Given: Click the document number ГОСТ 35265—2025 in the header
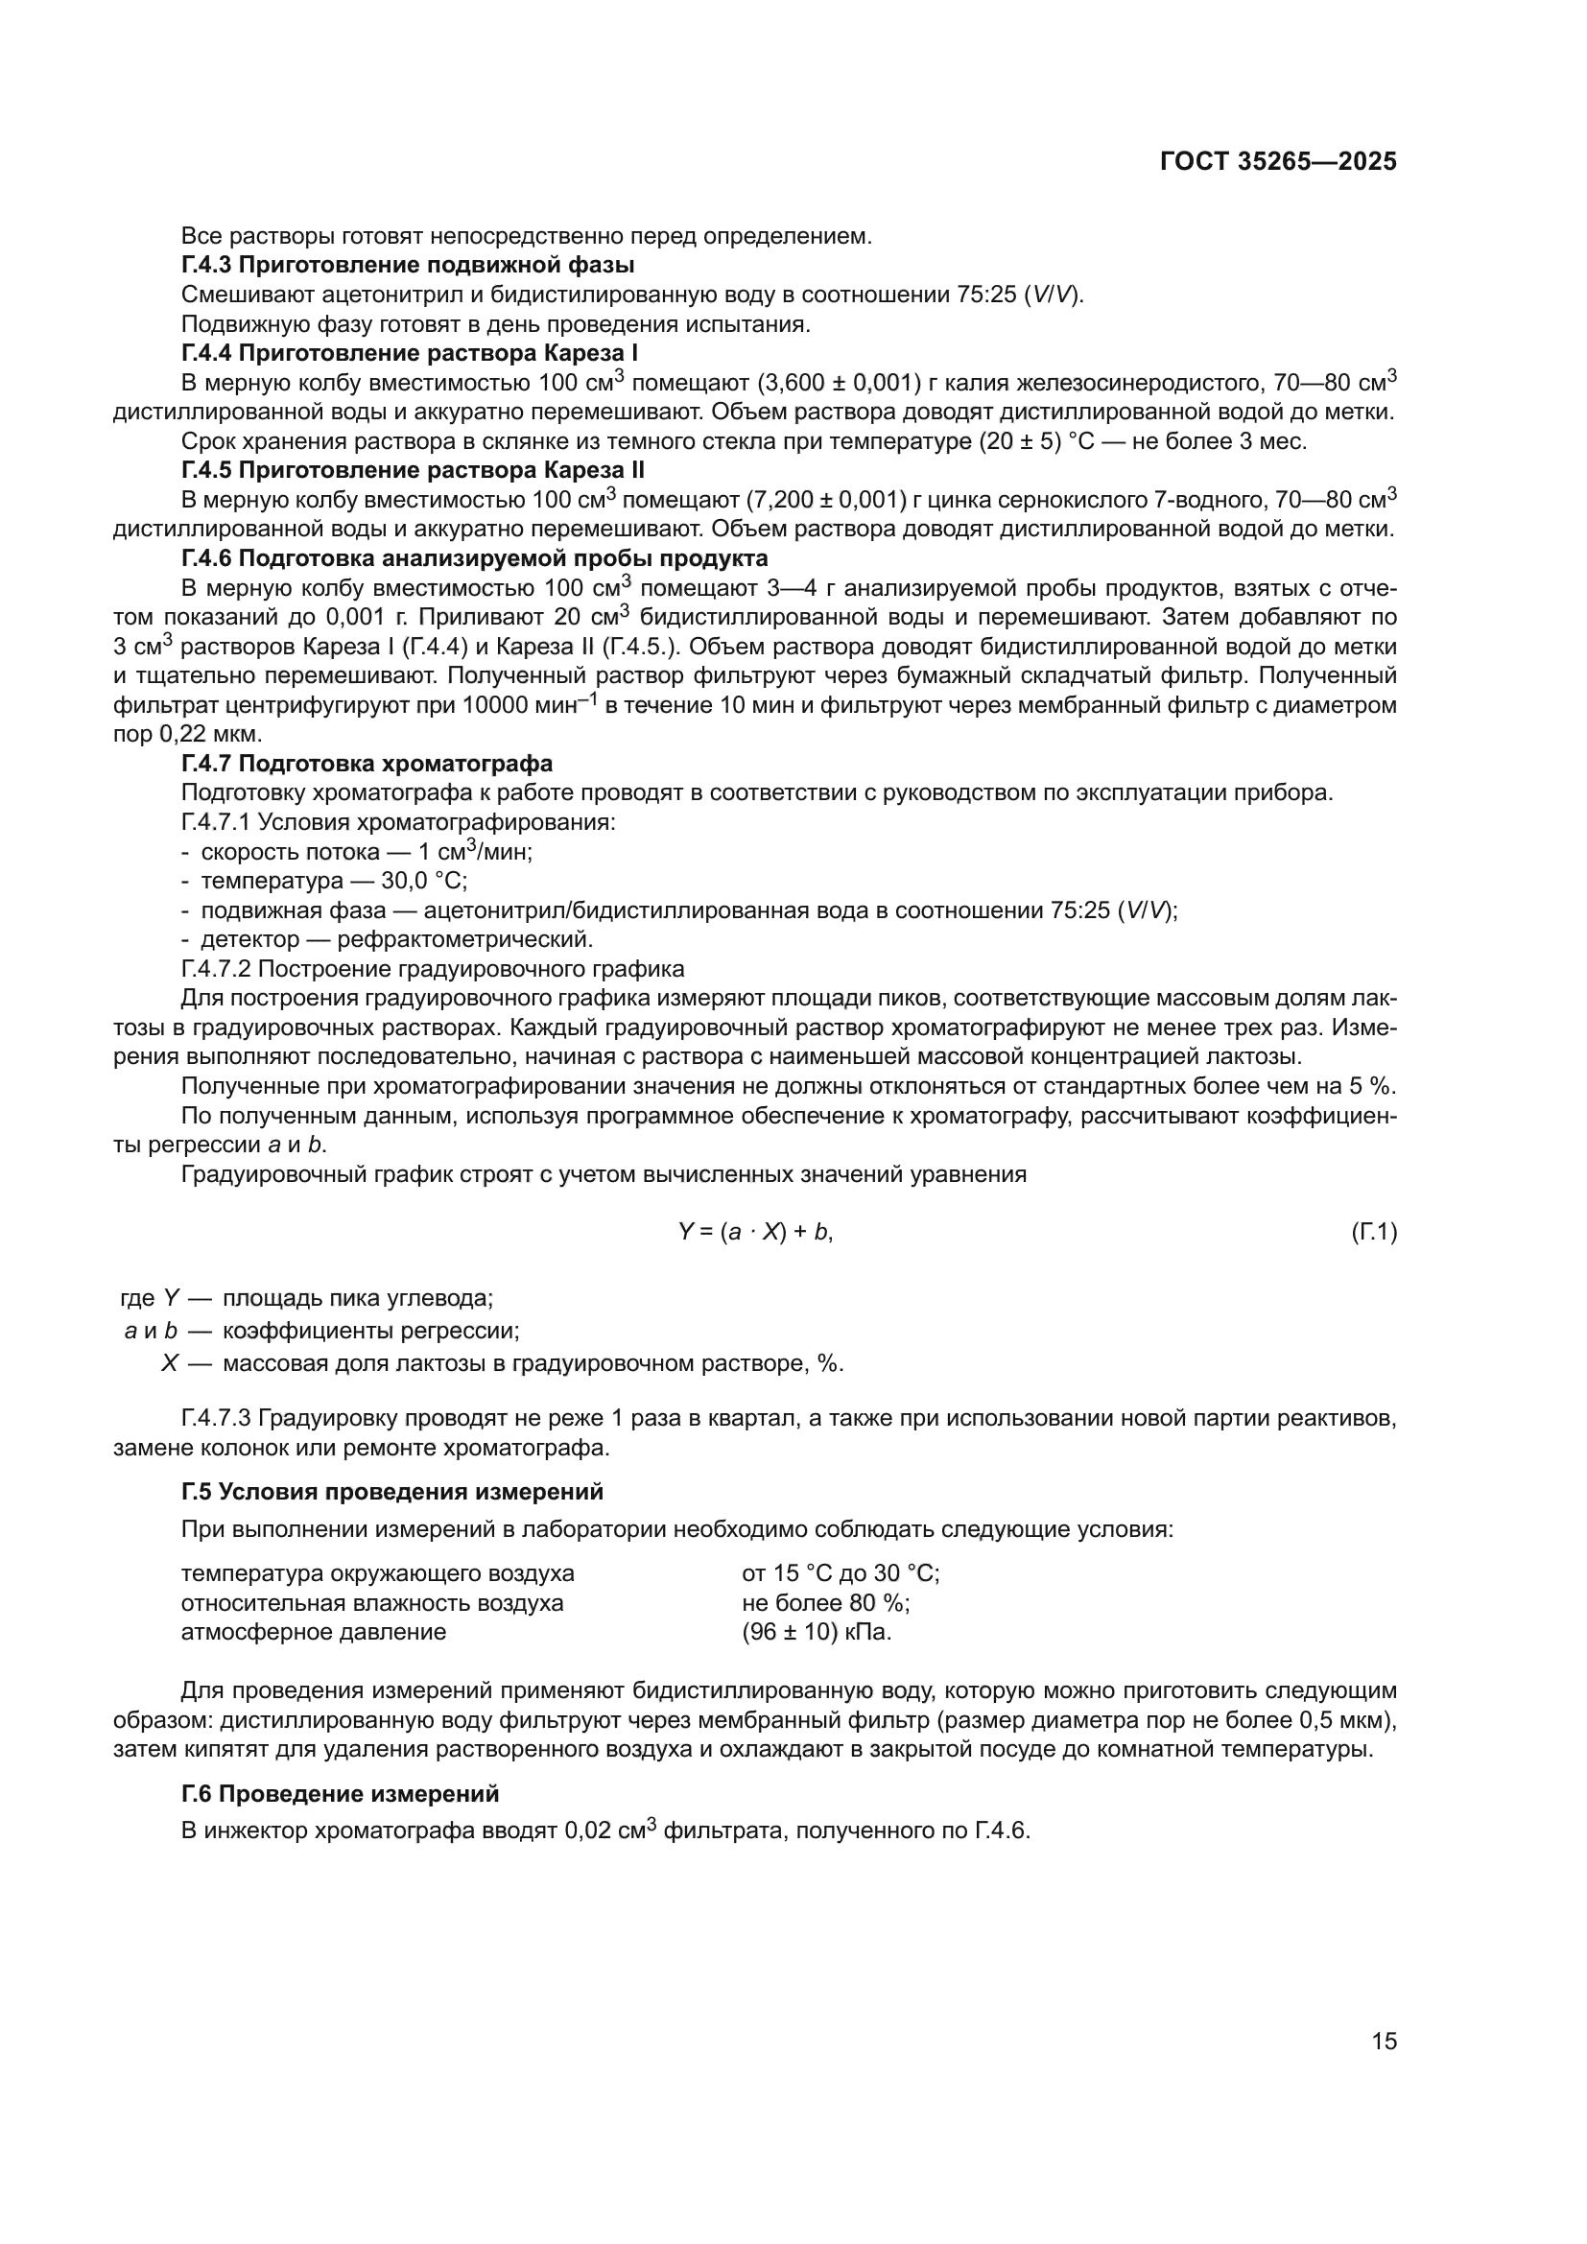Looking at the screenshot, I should (x=1278, y=161).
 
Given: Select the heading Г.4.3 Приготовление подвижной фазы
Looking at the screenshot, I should (x=408, y=265).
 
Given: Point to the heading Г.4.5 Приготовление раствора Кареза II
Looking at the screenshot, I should (x=413, y=470).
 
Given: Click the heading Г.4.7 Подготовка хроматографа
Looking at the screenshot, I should (x=367, y=764).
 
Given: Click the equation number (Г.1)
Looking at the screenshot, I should (x=1374, y=1233).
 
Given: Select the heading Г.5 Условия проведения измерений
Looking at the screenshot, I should (x=391, y=1492).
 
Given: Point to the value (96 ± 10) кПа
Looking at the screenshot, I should (x=816, y=1632).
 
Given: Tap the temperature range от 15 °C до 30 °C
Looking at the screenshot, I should (x=841, y=1573).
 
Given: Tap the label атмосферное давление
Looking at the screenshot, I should (x=313, y=1632).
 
